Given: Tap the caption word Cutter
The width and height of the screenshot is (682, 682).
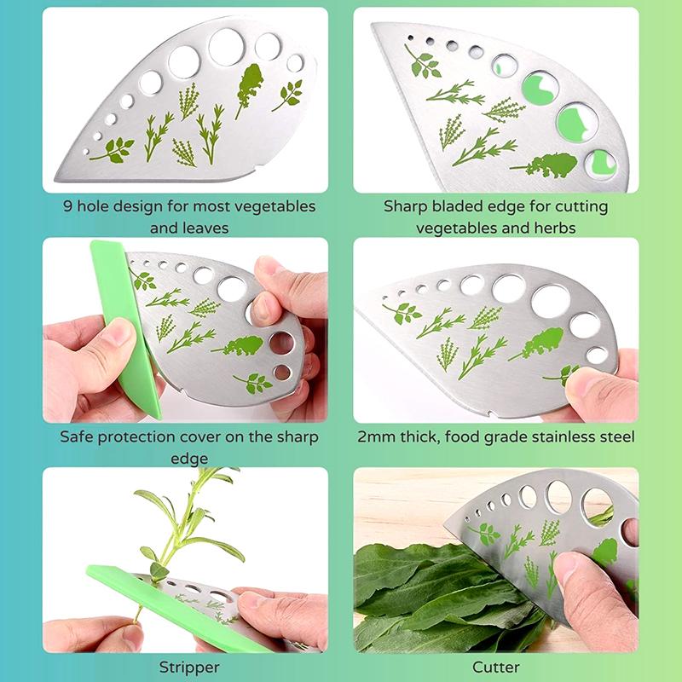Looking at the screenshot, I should point(495,667).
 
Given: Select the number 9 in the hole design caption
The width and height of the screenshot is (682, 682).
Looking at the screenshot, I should point(68,206).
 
